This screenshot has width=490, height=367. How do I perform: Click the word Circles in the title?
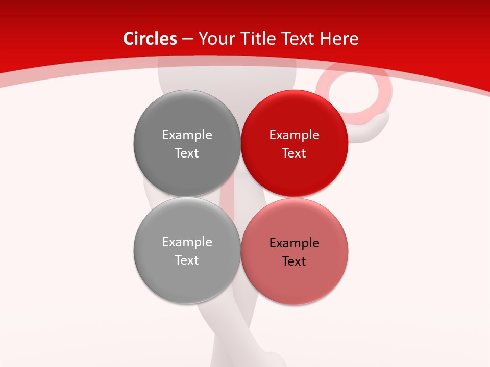pyautogui.click(x=150, y=39)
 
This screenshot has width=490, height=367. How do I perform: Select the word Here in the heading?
pyautogui.click(x=339, y=39)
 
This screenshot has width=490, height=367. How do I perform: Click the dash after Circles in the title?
pyautogui.click(x=187, y=39)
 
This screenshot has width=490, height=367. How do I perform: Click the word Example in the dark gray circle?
pyautogui.click(x=187, y=135)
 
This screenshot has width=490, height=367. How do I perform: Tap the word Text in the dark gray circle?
pyautogui.click(x=187, y=153)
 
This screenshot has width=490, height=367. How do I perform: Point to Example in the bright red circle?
pyautogui.click(x=294, y=135)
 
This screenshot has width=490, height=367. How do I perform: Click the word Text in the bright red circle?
pyautogui.click(x=294, y=153)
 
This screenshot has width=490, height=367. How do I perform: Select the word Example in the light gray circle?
pyautogui.click(x=187, y=242)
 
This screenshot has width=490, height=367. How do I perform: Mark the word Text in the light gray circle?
pyautogui.click(x=187, y=260)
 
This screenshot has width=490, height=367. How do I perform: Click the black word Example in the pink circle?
pyautogui.click(x=294, y=243)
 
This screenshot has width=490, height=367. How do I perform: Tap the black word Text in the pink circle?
pyautogui.click(x=294, y=261)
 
